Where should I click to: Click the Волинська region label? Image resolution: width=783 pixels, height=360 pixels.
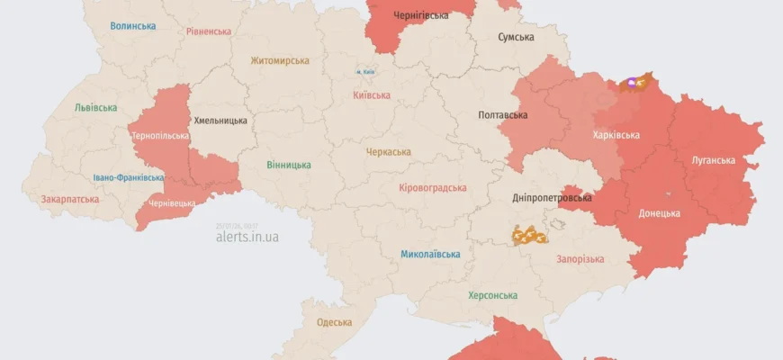[x=133, y=26]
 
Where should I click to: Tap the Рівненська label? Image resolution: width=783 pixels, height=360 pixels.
[x=209, y=31]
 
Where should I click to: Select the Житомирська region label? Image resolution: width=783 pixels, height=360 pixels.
[x=280, y=61]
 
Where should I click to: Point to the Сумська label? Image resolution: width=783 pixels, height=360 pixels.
[x=516, y=37]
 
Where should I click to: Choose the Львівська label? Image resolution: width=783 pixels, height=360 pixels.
[x=95, y=108]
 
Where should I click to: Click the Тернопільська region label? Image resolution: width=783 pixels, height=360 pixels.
[x=159, y=136]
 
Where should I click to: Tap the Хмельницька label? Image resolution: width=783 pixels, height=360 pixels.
[x=220, y=120]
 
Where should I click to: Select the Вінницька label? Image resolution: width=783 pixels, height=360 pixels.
[x=289, y=165]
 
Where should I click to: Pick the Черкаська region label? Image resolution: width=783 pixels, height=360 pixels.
[x=389, y=152]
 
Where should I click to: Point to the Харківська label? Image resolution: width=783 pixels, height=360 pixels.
[x=616, y=135]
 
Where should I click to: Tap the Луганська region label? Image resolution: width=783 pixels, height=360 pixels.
[x=713, y=160]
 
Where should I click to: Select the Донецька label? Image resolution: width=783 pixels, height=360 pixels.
[x=659, y=213]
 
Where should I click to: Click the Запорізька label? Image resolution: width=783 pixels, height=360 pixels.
[x=580, y=258]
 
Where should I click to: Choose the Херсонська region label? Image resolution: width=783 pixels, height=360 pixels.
[x=492, y=295]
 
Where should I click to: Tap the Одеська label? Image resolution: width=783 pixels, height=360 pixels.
[x=334, y=321]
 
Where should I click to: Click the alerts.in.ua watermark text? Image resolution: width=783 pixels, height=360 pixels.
[x=247, y=237]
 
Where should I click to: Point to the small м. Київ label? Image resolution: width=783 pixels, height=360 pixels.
[x=364, y=71]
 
